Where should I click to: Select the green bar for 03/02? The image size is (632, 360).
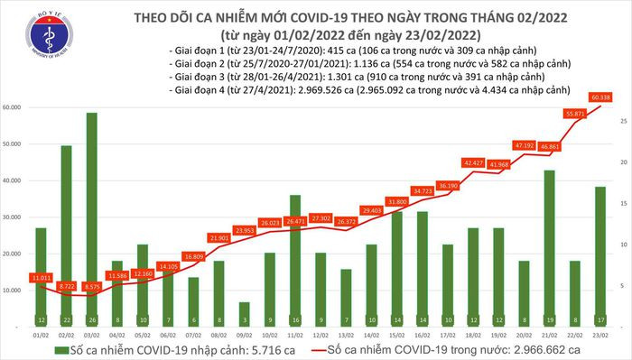coord(92,217)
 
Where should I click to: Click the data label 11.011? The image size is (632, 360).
coord(40,279)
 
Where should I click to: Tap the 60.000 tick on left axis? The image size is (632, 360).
coord(14,107)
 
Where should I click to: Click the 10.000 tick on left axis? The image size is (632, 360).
coord(14,291)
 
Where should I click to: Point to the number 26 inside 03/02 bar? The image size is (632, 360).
coord(92,319)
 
